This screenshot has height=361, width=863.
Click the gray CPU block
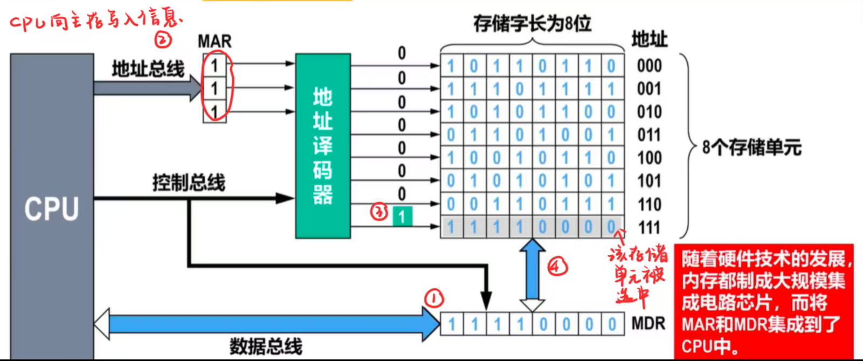pyautogui.click(x=52, y=207)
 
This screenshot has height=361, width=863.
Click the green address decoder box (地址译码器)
pyautogui.click(x=322, y=145)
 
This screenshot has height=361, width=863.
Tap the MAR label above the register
pyautogui.click(x=215, y=41)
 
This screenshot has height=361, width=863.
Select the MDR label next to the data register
pyautogui.click(x=648, y=324)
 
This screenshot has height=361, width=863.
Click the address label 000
pyautogui.click(x=649, y=66)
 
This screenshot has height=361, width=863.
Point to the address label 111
pyautogui.click(x=649, y=228)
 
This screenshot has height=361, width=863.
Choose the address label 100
pyautogui.click(x=649, y=158)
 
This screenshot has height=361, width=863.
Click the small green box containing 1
pyautogui.click(x=402, y=217)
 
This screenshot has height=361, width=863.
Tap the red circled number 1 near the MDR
pyautogui.click(x=434, y=298)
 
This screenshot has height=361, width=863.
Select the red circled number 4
pyautogui.click(x=557, y=266)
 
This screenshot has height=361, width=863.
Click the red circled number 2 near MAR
pyautogui.click(x=163, y=39)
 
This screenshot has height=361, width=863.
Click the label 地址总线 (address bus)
pyautogui.click(x=148, y=69)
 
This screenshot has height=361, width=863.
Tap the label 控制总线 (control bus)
pyautogui.click(x=189, y=183)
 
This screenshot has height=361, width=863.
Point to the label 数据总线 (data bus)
pyautogui.click(x=266, y=346)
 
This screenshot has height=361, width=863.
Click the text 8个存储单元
pyautogui.click(x=751, y=147)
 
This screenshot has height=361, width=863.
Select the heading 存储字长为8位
pyautogui.click(x=532, y=23)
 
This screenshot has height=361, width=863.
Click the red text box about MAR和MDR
pyautogui.click(x=764, y=302)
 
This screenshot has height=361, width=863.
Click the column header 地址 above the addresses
pyautogui.click(x=649, y=39)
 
